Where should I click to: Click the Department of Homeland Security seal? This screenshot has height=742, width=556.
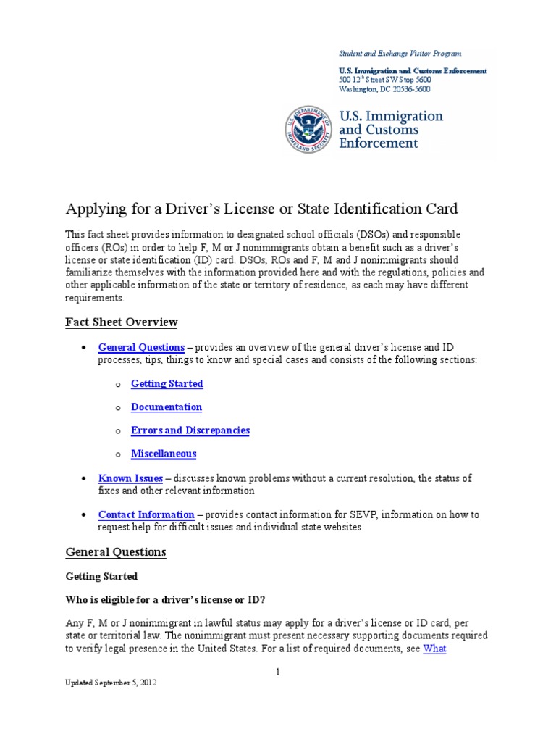coord(308,129)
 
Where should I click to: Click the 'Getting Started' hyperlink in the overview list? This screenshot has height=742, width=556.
coord(167,383)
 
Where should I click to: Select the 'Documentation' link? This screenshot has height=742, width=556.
coord(166,407)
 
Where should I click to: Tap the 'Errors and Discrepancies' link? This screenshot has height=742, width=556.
coord(190,430)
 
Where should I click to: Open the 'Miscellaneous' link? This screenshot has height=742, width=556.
coord(163,454)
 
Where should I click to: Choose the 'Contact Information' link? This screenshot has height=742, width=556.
coord(146,514)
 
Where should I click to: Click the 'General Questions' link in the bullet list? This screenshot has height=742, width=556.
coord(141,347)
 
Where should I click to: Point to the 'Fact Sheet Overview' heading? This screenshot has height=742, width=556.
coord(121,322)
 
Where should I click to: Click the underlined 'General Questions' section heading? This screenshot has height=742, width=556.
coord(116,552)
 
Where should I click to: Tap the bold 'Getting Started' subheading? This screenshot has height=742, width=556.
coord(101,577)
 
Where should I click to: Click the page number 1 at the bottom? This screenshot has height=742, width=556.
coord(277,672)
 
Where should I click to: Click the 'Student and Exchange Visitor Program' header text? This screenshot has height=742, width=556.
coord(400,54)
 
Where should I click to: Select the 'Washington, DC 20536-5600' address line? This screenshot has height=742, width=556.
coord(384,89)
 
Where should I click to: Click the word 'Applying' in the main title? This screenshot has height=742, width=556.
coord(93,209)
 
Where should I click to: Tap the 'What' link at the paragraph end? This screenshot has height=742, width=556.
coord(434,649)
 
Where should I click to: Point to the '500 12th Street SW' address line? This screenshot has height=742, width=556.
coord(384,80)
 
